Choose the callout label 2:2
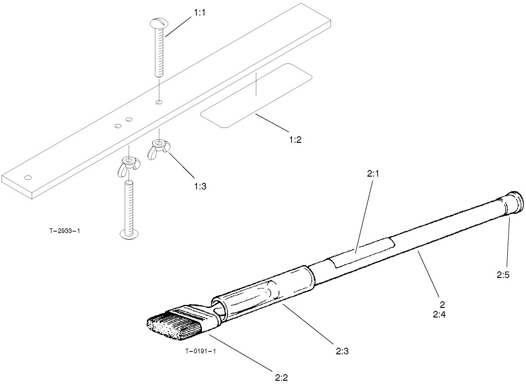pos(281,378)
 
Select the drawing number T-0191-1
pos(200,351)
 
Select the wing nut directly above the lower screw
pos(128,164)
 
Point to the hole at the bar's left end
pos(28,177)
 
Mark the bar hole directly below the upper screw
pos(158,102)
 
